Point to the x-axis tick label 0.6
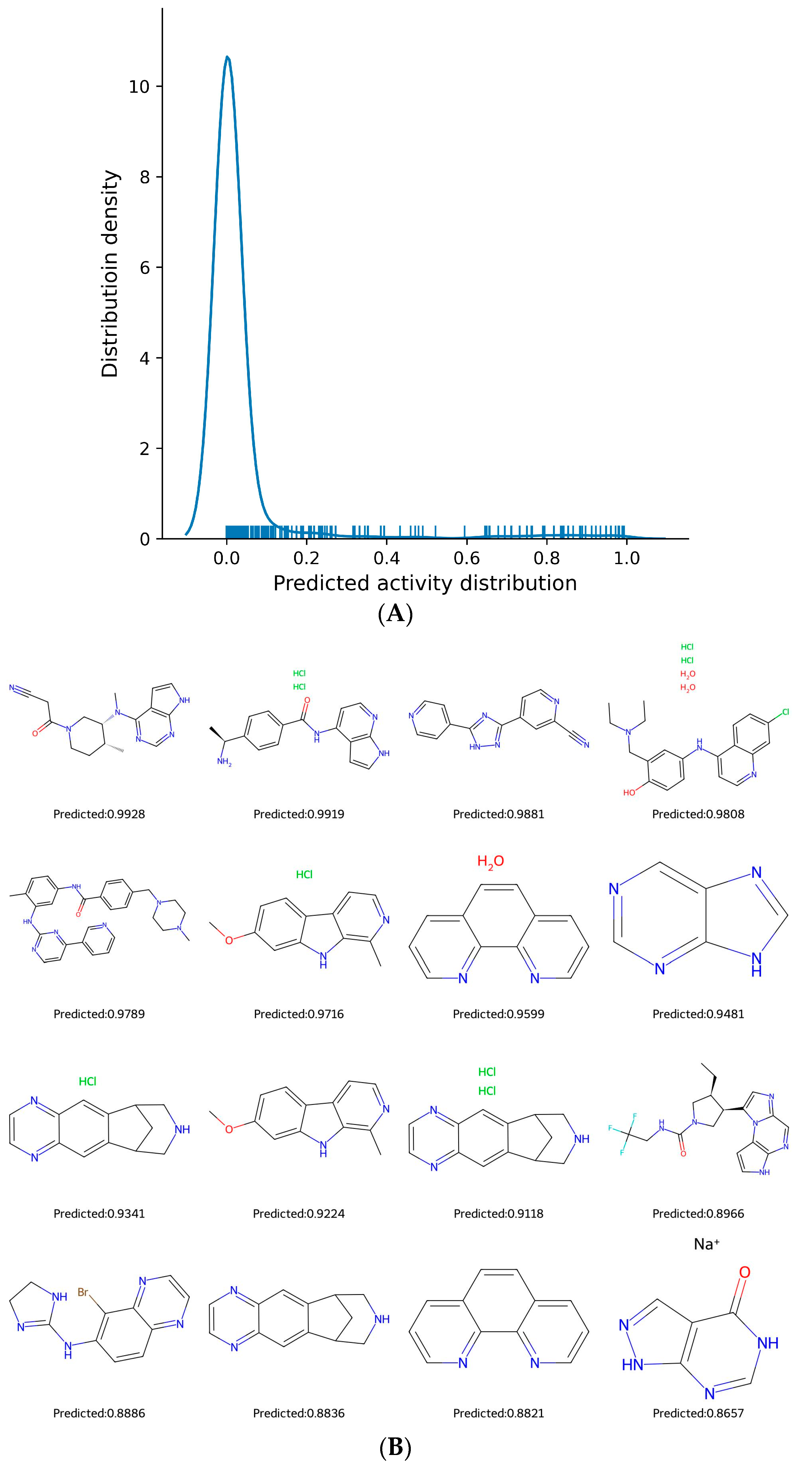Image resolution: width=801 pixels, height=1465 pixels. (x=467, y=558)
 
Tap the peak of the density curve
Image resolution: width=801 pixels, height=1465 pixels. (x=228, y=57)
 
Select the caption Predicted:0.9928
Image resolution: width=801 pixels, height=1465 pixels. (x=99, y=814)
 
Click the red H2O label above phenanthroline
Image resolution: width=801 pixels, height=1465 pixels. (x=490, y=861)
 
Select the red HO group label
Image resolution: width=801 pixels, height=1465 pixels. (x=628, y=792)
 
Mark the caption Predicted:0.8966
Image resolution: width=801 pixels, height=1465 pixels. (x=698, y=1214)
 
